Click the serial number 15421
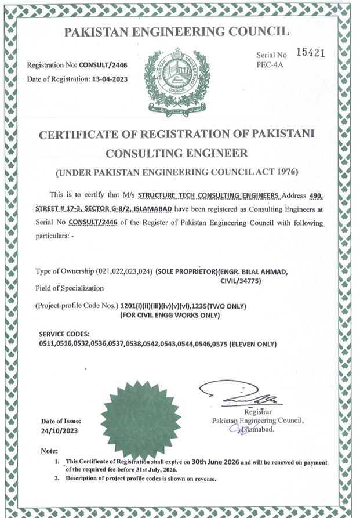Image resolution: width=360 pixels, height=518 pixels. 310,52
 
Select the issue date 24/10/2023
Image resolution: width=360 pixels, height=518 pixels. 59,431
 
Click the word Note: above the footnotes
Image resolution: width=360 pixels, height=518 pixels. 50,451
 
